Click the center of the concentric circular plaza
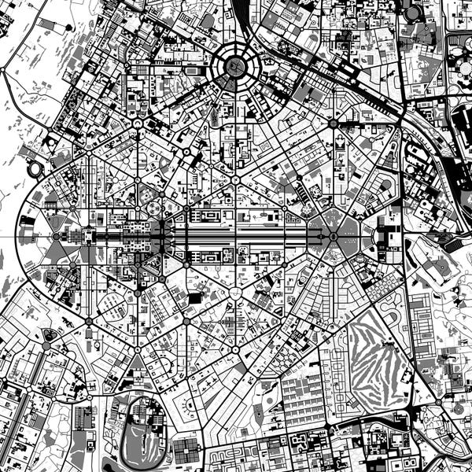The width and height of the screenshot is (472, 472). (234, 67)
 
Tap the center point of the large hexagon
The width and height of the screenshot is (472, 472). (339, 234)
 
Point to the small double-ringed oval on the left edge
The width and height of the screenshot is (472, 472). (36, 169)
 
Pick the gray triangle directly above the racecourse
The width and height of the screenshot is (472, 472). (138, 363)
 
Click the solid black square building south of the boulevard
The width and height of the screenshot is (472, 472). (194, 298)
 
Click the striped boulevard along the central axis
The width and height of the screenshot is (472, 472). (236, 234)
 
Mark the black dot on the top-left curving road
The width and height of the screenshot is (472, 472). (53, 127)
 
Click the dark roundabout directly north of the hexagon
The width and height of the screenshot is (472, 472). (333, 124)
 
